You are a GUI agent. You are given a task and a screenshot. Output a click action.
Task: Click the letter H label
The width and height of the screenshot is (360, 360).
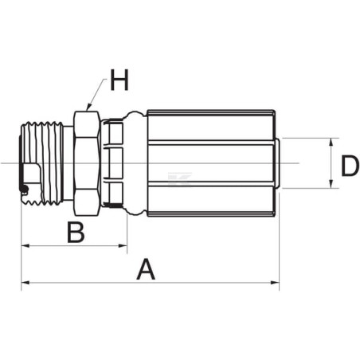click(119, 80)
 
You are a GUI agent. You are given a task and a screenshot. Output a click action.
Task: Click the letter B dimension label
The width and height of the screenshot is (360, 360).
click(76, 233)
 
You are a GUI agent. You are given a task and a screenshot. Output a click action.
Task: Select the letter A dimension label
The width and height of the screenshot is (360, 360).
click(146, 270)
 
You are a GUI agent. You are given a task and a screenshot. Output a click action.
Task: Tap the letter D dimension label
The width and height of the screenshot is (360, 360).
click(350, 166)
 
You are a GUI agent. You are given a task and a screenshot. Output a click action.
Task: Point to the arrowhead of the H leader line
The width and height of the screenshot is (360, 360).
click(89, 108)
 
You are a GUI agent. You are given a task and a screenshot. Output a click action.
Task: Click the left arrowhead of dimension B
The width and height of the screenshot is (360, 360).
click(25, 246)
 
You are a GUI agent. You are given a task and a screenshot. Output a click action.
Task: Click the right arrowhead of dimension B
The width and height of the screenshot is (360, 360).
click(123, 246)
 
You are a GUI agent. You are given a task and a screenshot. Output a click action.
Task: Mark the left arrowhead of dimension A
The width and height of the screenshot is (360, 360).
click(25, 283)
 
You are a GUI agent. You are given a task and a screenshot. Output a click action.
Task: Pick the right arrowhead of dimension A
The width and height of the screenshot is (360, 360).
click(275, 283)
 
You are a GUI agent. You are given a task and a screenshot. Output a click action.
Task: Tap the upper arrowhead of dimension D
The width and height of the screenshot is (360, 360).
click(331, 143)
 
